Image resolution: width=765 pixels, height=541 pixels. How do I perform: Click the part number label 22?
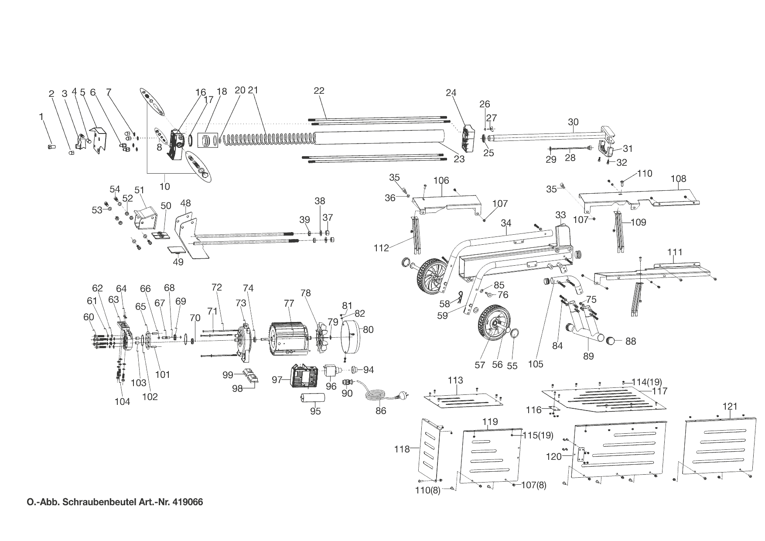319,91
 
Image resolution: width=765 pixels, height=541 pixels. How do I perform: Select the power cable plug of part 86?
400,397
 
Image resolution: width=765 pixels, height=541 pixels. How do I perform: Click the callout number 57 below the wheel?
480,365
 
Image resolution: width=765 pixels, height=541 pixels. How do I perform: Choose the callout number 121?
730,406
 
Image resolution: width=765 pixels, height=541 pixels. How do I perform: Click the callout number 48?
185,203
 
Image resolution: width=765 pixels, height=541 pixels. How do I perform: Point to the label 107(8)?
534,485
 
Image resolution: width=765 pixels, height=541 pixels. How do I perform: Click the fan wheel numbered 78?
324,334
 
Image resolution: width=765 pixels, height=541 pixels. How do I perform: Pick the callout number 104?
122,401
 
